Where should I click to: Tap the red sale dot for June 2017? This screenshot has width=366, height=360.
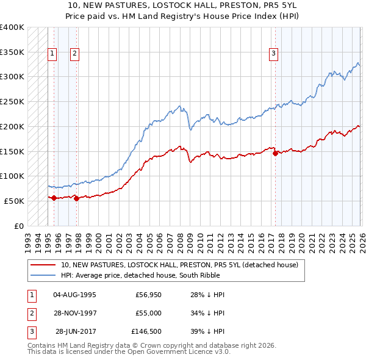(275, 153)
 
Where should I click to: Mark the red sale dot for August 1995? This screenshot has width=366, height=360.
(54, 198)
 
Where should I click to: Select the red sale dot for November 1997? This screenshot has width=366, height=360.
(77, 198)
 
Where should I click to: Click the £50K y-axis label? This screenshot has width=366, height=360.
(13, 201)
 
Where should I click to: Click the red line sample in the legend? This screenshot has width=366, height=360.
(43, 265)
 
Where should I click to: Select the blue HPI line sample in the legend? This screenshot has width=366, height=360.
(43, 275)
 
